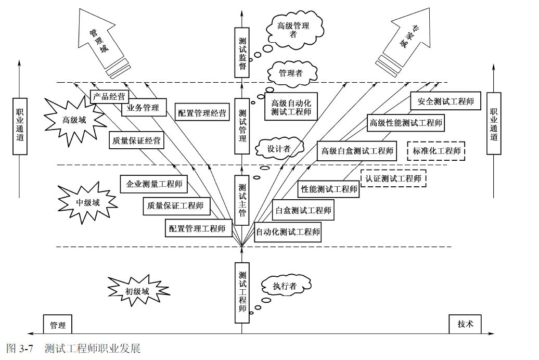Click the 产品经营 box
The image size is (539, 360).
[109, 97]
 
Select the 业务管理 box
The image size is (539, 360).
[144, 108]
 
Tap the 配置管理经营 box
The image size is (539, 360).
[202, 113]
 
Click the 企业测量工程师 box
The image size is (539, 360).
[154, 184]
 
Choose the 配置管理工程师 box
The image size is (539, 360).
[197, 228]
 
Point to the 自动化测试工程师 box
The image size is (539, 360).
[287, 232]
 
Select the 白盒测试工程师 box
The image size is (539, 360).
[303, 210]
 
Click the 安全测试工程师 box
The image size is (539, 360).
[445, 101]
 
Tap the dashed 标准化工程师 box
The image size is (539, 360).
[437, 151]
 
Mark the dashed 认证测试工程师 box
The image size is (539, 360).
[393, 178]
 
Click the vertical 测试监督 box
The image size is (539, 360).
[242, 53]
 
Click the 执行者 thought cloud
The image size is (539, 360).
[286, 286]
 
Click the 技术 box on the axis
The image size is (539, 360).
[466, 324]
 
